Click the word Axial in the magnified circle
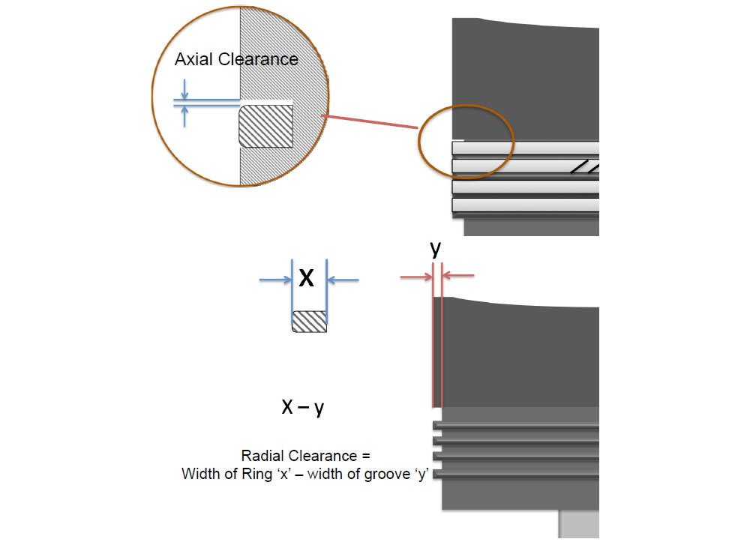(x=193, y=59)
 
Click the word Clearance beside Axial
(x=258, y=59)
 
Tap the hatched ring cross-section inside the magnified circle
(x=266, y=126)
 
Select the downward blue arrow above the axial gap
(x=184, y=89)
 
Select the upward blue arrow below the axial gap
(x=184, y=116)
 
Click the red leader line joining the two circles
(x=369, y=121)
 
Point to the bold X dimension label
(x=306, y=277)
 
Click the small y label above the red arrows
(x=435, y=249)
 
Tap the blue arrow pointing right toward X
(x=275, y=280)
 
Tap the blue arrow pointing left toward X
(x=343, y=280)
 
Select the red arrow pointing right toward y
(x=416, y=277)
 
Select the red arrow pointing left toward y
(x=458, y=275)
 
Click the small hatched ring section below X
(x=310, y=322)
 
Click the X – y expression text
(x=303, y=407)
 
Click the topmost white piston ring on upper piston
(x=526, y=148)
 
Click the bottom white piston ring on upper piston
(x=526, y=205)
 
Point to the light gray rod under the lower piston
(x=579, y=524)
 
